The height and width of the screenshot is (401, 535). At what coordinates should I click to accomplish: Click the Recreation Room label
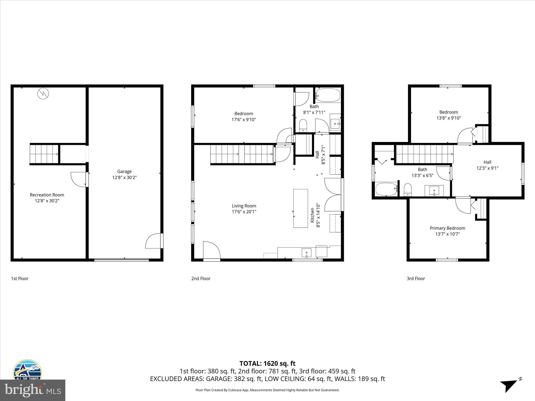pos(47,195)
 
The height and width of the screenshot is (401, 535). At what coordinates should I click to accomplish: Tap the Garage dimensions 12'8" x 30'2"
pos(124,178)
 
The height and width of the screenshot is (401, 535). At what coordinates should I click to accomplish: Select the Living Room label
pos(244,206)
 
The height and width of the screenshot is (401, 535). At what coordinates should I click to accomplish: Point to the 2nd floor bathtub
pos(328,96)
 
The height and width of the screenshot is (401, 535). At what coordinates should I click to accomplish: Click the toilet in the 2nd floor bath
pos(303,125)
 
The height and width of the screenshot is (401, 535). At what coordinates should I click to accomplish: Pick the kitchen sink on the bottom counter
pos(306,253)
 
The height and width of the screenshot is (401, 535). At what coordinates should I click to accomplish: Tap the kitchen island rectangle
pos(300,208)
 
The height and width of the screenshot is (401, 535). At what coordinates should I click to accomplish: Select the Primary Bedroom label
pos(447,228)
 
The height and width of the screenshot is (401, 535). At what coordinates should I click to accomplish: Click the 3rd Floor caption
pos(416,279)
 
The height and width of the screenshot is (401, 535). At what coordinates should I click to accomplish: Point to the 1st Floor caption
pos(20,279)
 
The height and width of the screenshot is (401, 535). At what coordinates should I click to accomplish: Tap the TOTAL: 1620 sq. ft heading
pos(267,363)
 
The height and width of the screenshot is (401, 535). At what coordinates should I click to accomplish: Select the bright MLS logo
pos(33,390)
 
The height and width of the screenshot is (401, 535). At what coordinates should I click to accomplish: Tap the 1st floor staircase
pos(44,154)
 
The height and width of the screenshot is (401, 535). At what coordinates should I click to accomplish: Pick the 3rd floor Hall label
pos(487,162)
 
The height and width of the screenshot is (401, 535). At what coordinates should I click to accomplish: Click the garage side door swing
pos(154,241)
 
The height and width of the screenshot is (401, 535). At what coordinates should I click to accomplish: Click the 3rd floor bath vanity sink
pos(434,191)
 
